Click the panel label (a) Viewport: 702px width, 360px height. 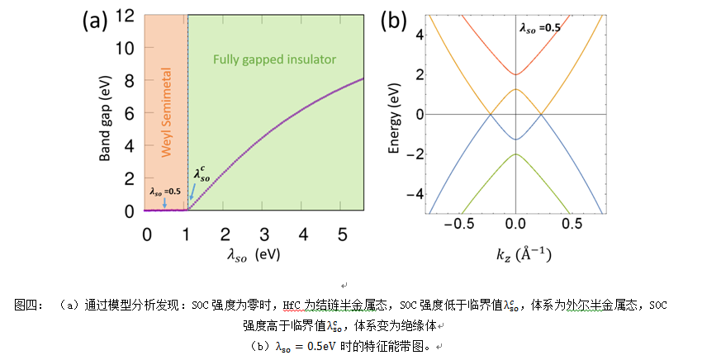[95, 21]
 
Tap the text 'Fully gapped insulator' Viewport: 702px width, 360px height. [275, 60]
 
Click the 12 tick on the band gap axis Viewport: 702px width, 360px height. [126, 16]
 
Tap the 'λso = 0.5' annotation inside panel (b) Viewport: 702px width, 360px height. [540, 28]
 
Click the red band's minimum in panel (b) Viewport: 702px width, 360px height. [515, 74]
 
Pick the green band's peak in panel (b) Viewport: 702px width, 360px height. [515, 154]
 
